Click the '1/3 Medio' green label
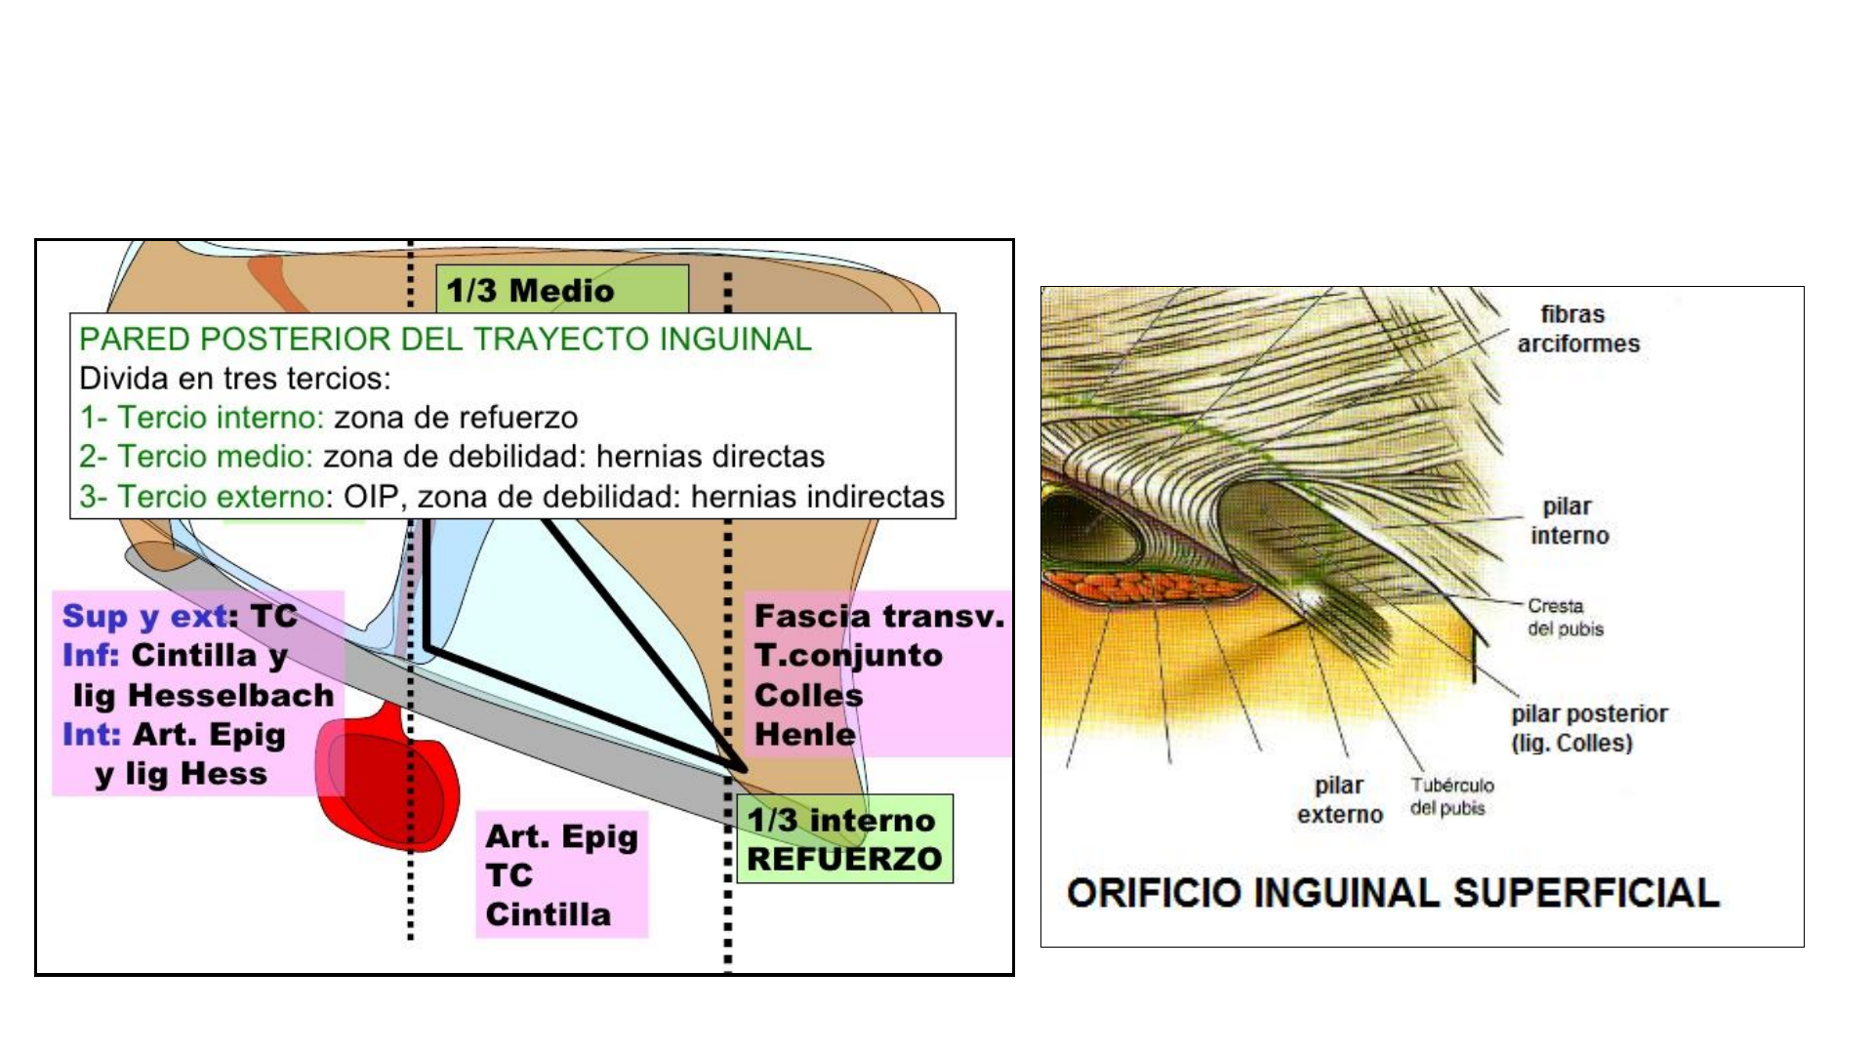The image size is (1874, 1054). click(x=530, y=290)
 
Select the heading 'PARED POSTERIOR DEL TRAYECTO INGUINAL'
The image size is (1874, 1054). click(x=445, y=339)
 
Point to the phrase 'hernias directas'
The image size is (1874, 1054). click(x=711, y=457)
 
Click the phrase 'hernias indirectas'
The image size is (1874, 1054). click(x=817, y=497)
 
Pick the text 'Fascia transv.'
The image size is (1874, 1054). click(x=878, y=616)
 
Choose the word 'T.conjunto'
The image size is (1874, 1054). click(x=848, y=655)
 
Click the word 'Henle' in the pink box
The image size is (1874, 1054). click(x=805, y=734)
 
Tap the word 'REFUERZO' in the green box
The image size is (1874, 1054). click(x=844, y=859)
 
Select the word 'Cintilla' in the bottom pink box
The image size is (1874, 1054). click(x=549, y=914)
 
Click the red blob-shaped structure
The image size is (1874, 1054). click(x=386, y=781)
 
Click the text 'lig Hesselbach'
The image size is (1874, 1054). click(x=203, y=695)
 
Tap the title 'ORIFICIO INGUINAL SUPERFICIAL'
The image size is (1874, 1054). click(x=1393, y=893)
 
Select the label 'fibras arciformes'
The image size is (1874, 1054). click(x=1577, y=329)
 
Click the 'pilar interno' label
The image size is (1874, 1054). click(x=1568, y=521)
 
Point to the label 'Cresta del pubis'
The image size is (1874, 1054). click(x=1565, y=617)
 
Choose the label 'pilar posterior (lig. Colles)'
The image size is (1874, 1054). click(x=1589, y=728)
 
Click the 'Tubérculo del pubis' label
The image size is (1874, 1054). click(x=1451, y=796)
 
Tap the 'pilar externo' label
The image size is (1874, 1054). click(x=1339, y=799)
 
